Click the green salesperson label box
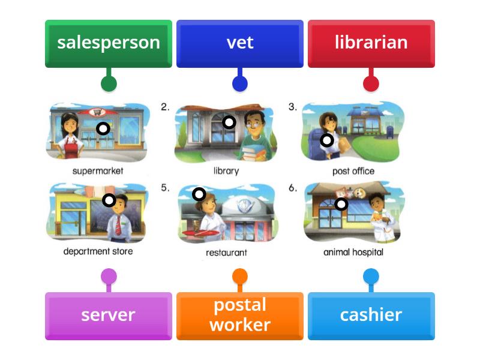point(109,43)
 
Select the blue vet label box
point(239,43)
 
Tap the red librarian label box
point(371,43)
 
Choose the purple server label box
point(109,316)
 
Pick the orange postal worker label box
point(239,316)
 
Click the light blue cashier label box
point(371,316)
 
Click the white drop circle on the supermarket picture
point(103,128)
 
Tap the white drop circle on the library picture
point(229,122)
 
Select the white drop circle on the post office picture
point(327,140)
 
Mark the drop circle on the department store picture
point(109,200)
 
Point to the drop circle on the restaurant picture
point(199,194)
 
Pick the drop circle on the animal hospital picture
point(341,204)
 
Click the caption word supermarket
point(98,171)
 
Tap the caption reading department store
point(98,251)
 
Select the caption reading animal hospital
point(353,252)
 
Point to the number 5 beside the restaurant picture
point(165,187)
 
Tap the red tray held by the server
point(200,233)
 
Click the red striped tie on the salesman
point(118,225)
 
